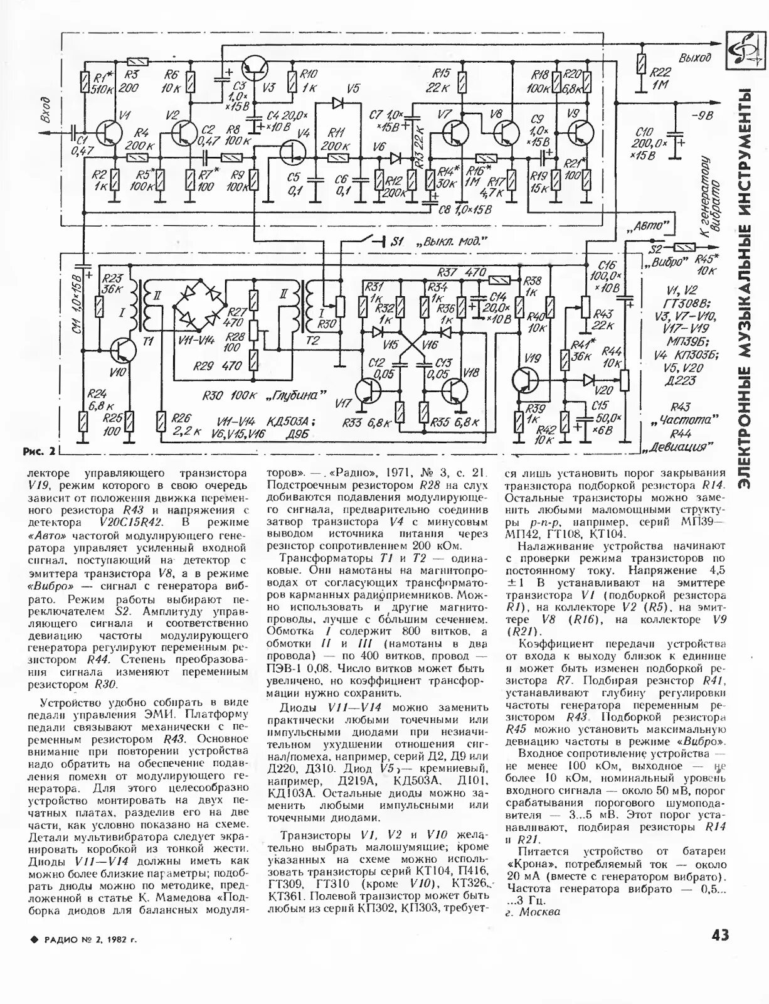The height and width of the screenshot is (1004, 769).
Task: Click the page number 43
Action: coord(721,934)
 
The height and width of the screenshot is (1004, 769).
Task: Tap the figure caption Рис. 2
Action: coord(39,451)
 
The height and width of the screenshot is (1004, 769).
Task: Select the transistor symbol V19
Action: coord(524,380)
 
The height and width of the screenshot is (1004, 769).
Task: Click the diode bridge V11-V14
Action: coord(200,306)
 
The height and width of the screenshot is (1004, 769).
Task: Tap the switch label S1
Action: coord(397,241)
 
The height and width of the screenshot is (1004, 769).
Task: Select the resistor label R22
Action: coord(660,73)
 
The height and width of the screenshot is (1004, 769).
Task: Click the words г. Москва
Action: coord(532,912)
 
